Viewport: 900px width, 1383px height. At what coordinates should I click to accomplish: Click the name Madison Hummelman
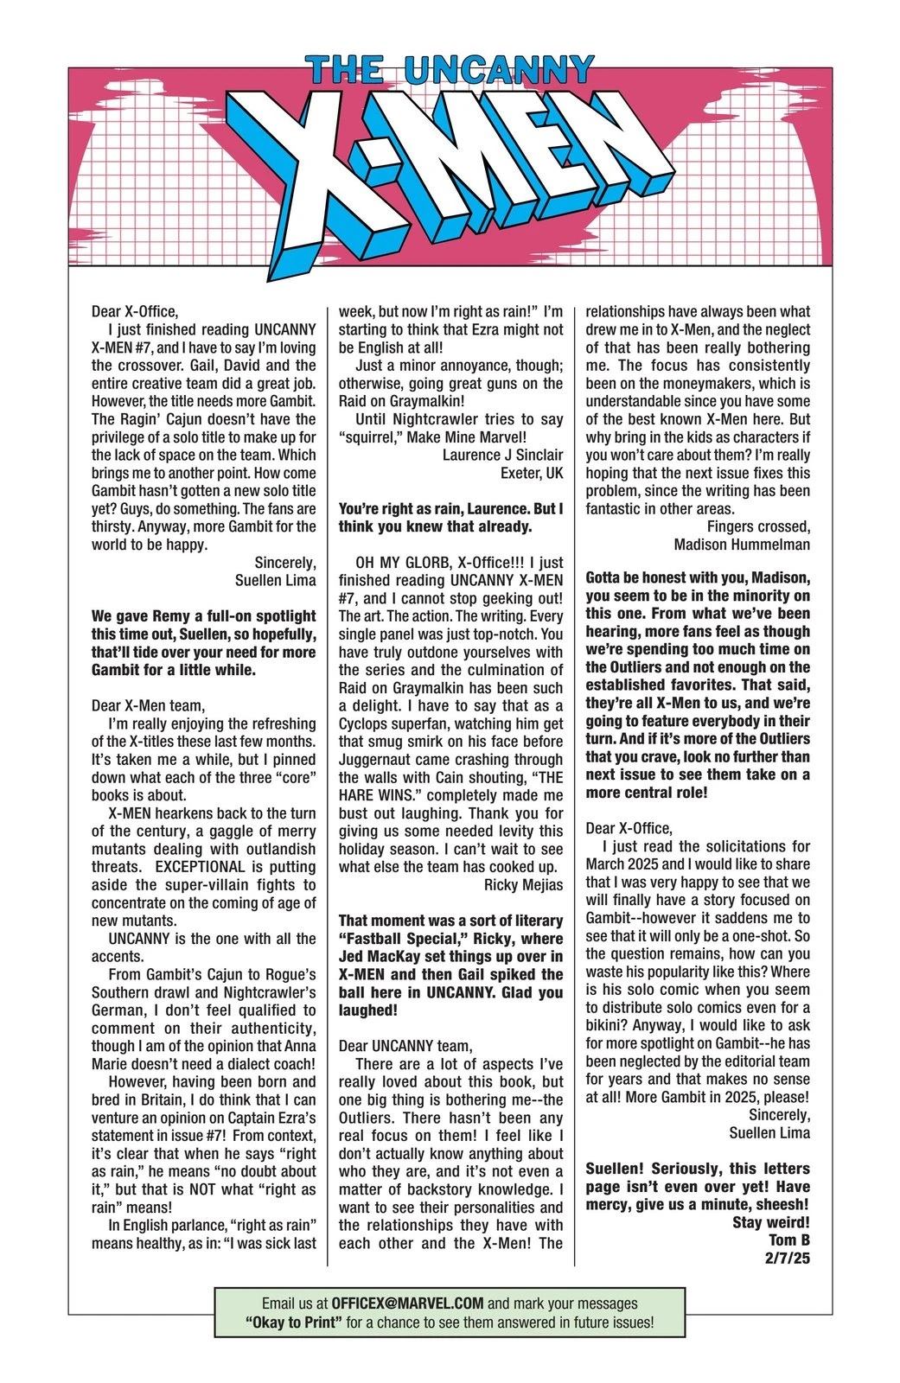coord(742,545)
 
